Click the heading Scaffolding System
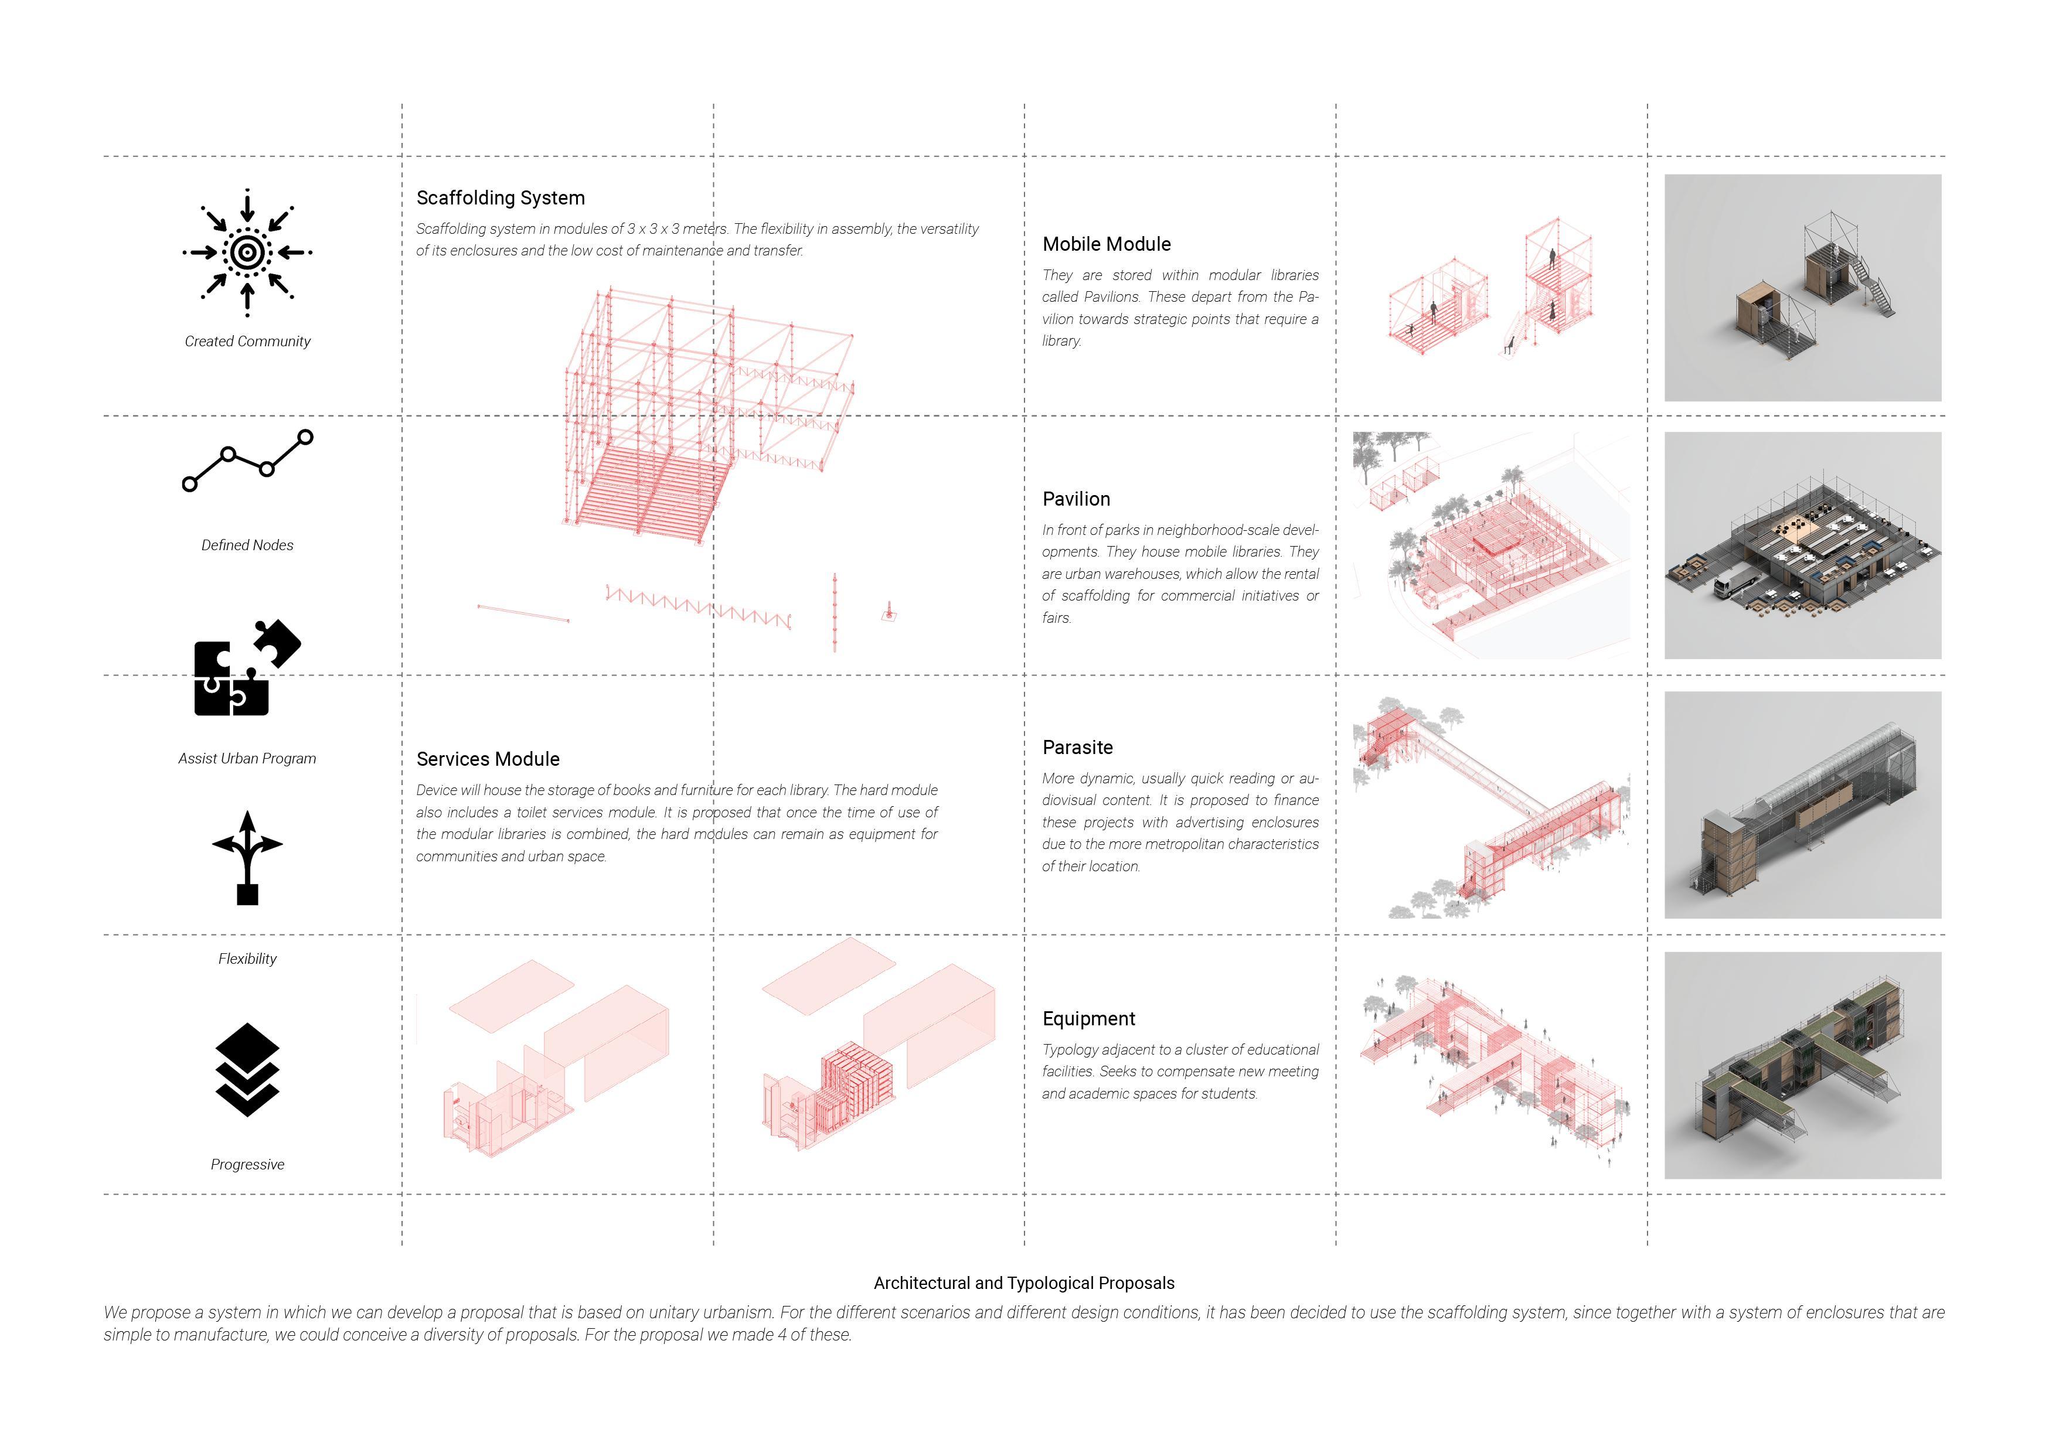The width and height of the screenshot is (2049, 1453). (x=500, y=197)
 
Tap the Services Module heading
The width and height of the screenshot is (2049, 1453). (x=488, y=759)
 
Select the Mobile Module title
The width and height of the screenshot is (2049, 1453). (x=1106, y=244)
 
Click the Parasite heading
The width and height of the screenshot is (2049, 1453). (x=1077, y=747)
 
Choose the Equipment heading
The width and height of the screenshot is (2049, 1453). (x=1088, y=1018)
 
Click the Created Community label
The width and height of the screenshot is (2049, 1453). (x=247, y=341)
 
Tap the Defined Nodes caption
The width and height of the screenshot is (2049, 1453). (x=247, y=545)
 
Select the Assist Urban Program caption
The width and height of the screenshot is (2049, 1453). (x=247, y=758)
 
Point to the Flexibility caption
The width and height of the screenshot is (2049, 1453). (x=247, y=959)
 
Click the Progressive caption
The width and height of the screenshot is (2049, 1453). (x=247, y=1164)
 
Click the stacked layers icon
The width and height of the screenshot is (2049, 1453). (x=247, y=1069)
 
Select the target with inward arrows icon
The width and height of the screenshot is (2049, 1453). (x=247, y=253)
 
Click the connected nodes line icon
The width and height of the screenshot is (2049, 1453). (x=247, y=461)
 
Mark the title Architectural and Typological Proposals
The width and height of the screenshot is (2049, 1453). (x=1023, y=1283)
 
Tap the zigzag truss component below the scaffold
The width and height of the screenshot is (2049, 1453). (x=698, y=606)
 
